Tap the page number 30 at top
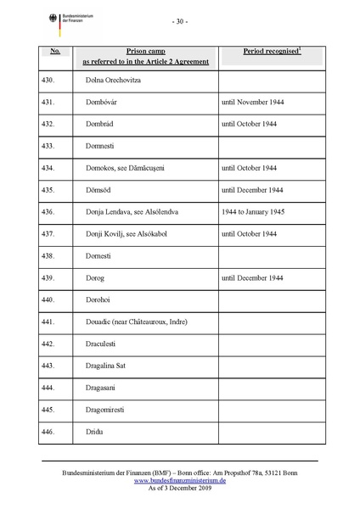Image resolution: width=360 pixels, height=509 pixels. click(179, 21)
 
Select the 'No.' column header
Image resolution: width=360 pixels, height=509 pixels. click(55, 52)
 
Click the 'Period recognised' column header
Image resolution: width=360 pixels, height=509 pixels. click(273, 52)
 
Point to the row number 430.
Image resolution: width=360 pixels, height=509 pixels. click(48, 80)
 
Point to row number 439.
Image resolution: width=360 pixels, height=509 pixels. click(48, 278)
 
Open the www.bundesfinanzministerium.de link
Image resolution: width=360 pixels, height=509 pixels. click(179, 480)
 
